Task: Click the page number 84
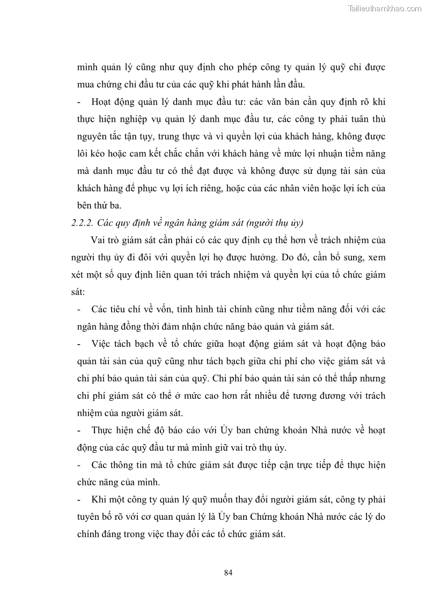[x=228, y=572]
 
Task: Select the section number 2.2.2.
[x=84, y=223]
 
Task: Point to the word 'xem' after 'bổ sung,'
[x=377, y=257]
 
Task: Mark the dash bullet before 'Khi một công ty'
[x=79, y=499]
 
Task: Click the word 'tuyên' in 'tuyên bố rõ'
[x=83, y=517]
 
